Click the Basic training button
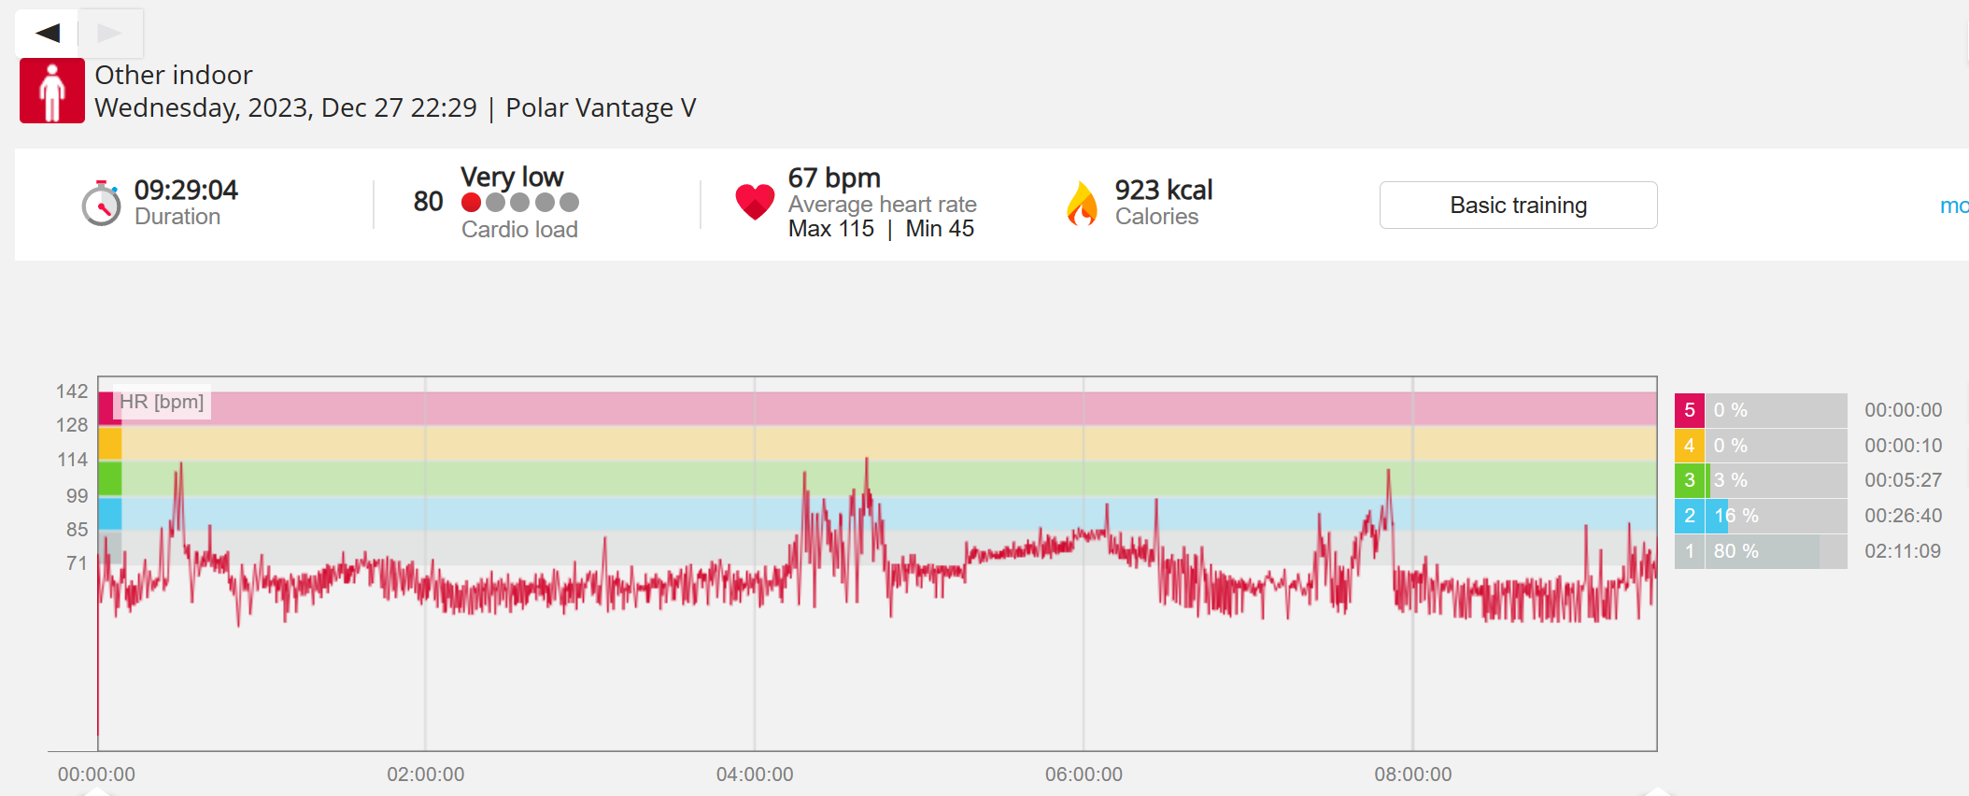coord(1518,205)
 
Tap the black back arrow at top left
coord(48,34)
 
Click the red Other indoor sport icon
coord(52,91)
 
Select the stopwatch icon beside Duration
coord(101,203)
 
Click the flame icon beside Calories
coord(1082,203)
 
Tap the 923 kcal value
coord(1164,190)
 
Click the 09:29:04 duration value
coord(186,190)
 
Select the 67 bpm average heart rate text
coord(834,178)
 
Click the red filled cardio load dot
coord(472,203)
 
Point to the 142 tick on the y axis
coord(72,391)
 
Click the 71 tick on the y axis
coord(77,563)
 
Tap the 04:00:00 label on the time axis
coord(755,775)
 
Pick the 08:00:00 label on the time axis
coord(1413,775)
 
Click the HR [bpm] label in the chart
coord(162,402)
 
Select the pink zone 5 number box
coord(1690,410)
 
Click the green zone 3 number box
coord(1690,480)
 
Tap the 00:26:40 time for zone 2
coord(1904,516)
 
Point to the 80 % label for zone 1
coord(1736,551)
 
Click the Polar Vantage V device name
coord(601,108)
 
